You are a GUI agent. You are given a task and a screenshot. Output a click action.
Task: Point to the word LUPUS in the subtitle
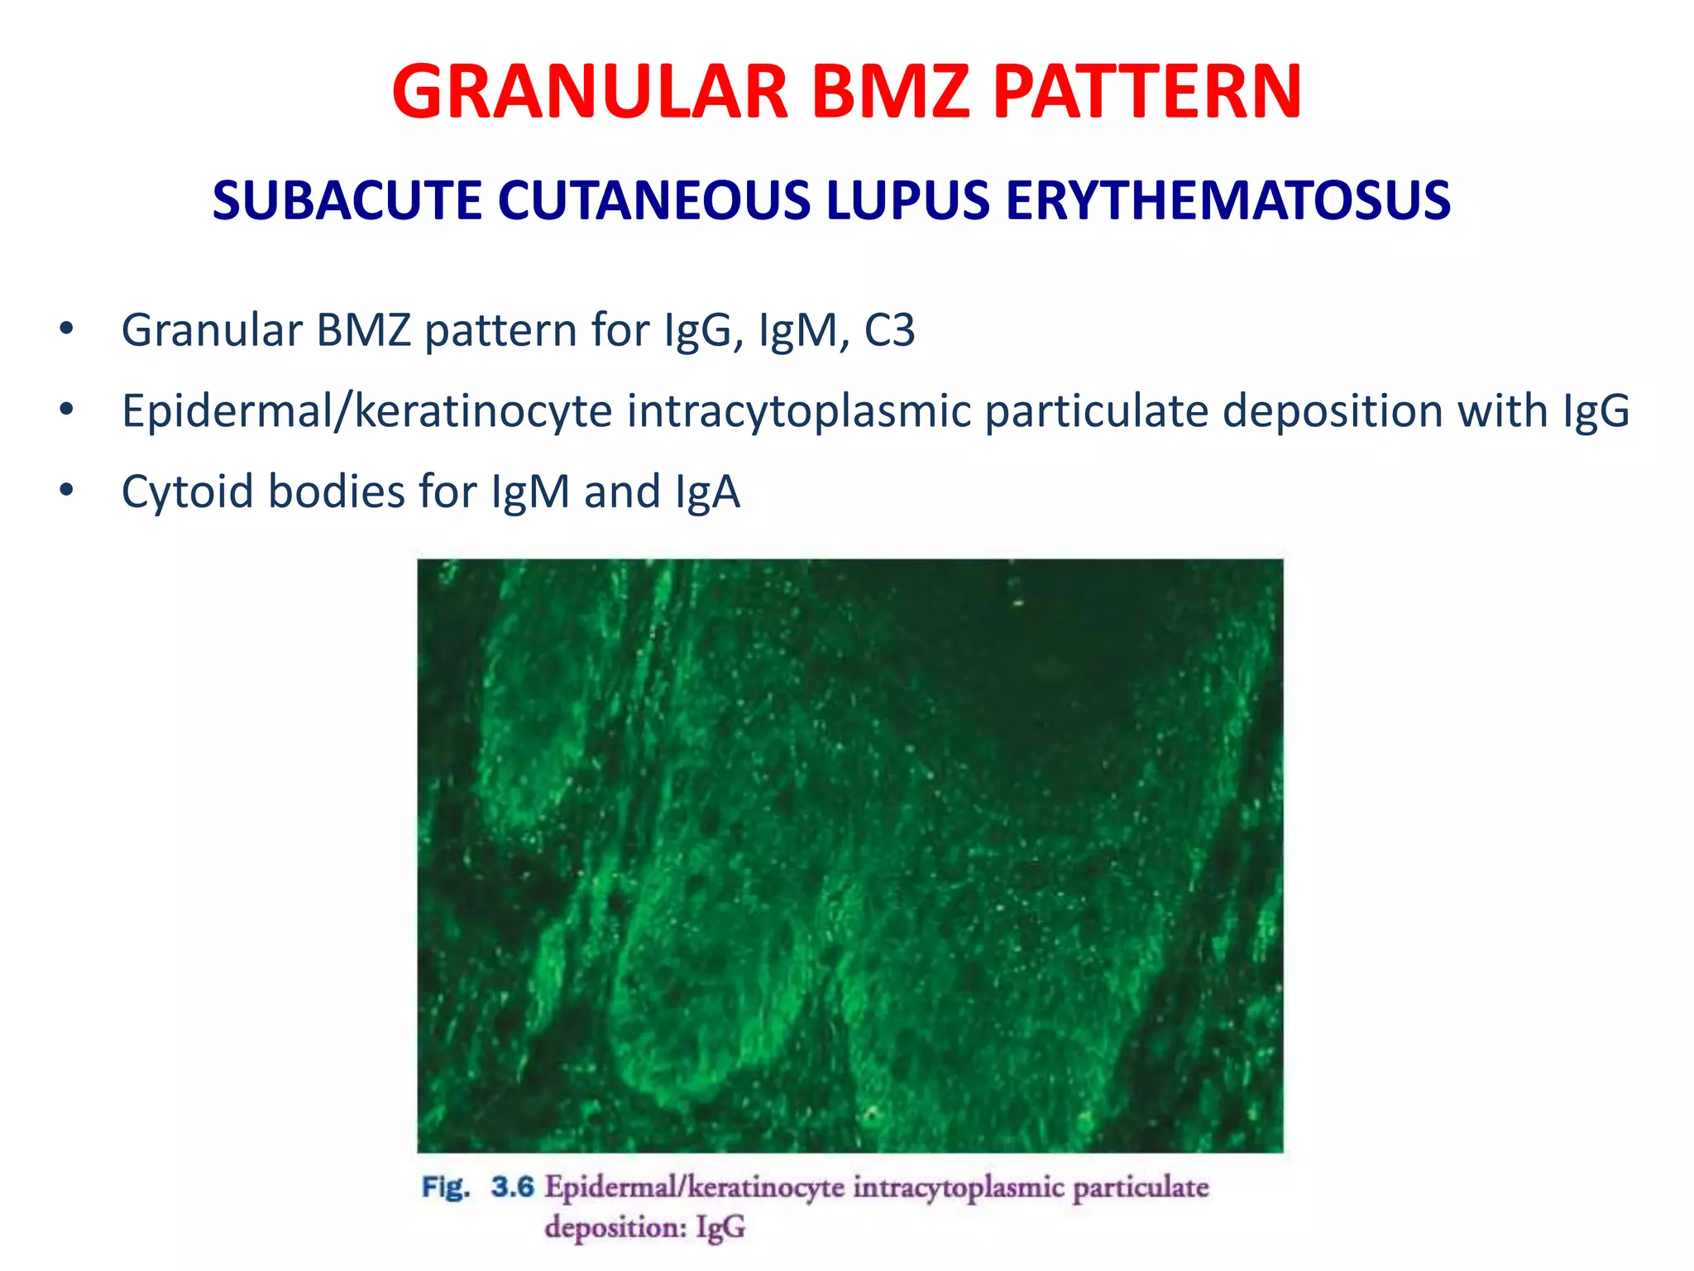(907, 201)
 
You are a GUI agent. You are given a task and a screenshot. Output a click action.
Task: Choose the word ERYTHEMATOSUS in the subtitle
(1227, 201)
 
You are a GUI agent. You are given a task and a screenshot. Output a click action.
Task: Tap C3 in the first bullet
(889, 330)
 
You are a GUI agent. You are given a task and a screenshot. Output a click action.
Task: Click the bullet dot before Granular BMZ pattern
(66, 330)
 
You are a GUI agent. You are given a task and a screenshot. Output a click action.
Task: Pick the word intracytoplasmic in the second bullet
(798, 411)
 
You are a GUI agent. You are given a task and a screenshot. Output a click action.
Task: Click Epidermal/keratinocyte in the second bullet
(366, 411)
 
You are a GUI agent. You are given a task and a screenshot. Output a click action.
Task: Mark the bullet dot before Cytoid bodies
(66, 491)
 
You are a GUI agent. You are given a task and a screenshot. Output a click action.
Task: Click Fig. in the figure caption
(446, 1187)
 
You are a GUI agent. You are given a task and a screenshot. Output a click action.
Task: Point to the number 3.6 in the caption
(513, 1187)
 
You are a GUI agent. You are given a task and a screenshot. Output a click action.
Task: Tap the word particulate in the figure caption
(1141, 1188)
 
